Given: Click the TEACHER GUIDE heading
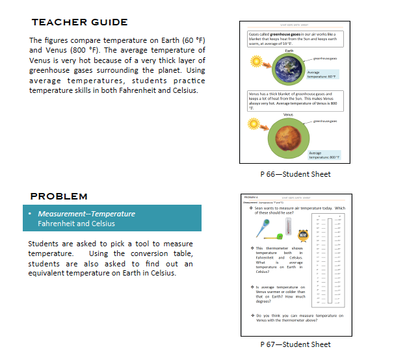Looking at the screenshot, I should [x=79, y=23].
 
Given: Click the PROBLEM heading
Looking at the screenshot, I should [x=59, y=196].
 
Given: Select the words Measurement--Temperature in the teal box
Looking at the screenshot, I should [x=86, y=214].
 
